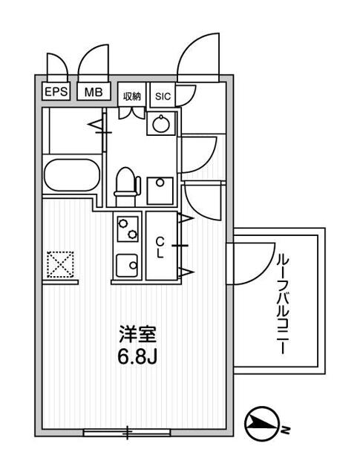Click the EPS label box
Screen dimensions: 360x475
[x=56, y=91]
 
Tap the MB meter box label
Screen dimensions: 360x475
[x=94, y=91]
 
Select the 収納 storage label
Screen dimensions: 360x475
[x=132, y=96]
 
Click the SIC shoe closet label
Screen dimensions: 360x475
[x=163, y=96]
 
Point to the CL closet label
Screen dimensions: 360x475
[x=160, y=247]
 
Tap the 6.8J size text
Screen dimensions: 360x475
[x=137, y=358]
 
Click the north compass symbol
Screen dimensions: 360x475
[x=261, y=424]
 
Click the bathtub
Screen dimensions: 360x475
[x=72, y=175]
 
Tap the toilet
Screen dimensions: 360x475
[x=127, y=186]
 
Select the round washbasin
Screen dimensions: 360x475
[x=161, y=124]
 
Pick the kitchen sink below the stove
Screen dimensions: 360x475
[x=128, y=266]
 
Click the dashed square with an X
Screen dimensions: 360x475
[x=61, y=264]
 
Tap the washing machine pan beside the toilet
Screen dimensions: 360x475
[x=160, y=191]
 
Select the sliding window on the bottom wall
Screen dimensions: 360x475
[x=127, y=432]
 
